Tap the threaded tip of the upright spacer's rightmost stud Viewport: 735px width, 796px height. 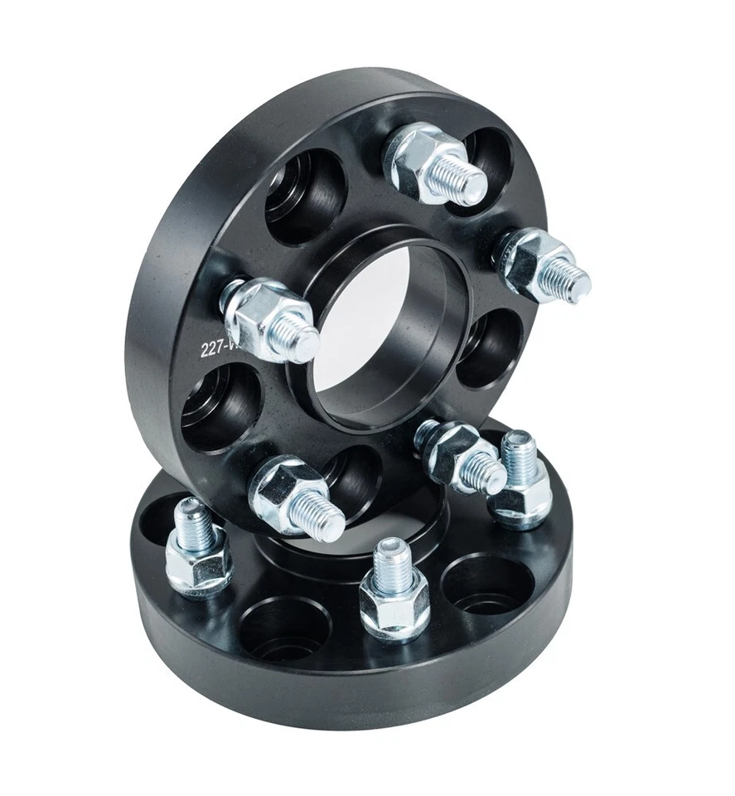click(572, 279)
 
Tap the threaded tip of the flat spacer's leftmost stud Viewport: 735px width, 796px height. click(192, 518)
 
